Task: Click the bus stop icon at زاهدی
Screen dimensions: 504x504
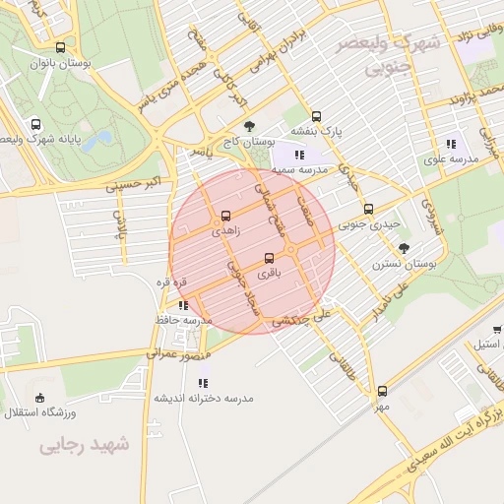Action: [x=226, y=216]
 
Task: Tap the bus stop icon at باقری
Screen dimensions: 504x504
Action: [x=269, y=259]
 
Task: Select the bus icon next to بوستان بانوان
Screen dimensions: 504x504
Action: [x=61, y=47]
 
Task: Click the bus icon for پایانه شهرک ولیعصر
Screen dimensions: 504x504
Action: [x=36, y=125]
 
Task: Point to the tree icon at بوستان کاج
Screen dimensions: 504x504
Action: [x=249, y=125]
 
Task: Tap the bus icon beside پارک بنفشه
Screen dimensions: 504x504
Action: [x=316, y=115]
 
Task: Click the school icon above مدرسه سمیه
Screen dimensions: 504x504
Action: [x=298, y=155]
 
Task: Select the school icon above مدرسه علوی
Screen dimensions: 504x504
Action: [x=451, y=144]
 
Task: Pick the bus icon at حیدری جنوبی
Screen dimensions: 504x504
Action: [x=369, y=209]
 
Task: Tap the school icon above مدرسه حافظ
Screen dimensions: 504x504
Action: [x=183, y=305]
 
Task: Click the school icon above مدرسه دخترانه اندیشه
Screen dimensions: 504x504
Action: [x=203, y=383]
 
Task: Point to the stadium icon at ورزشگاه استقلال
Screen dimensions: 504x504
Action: [x=38, y=399]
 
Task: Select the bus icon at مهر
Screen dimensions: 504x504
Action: [x=382, y=391]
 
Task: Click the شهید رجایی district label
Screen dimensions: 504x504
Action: [x=85, y=445]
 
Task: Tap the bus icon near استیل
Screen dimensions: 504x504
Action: [x=498, y=331]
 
